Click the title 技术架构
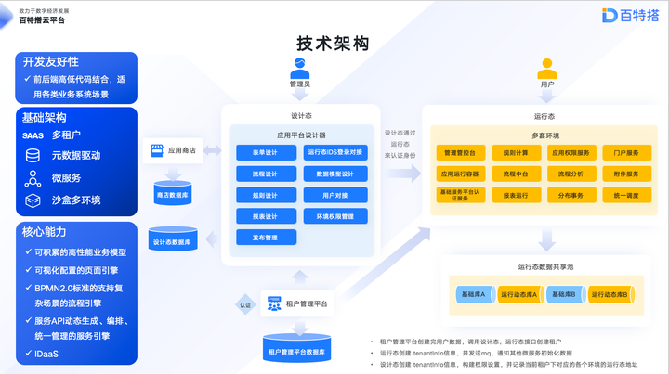tap(333, 44)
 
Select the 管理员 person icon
tap(300, 69)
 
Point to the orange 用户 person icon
tap(545, 69)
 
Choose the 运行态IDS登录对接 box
tap(335, 151)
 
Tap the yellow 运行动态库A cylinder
tap(520, 294)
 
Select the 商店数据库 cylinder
tap(173, 194)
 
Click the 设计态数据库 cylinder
tap(173, 241)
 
